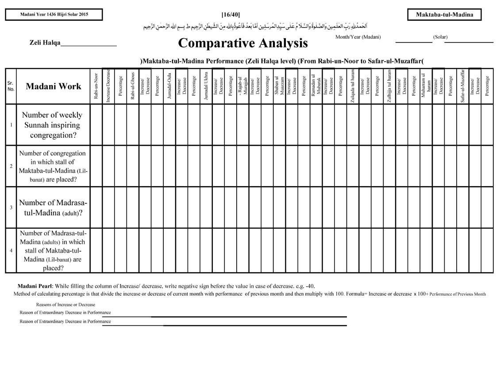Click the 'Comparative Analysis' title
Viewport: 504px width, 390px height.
coord(242,43)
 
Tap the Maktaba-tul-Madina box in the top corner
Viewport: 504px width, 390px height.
coord(444,15)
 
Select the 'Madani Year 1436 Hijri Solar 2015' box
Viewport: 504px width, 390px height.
coord(54,15)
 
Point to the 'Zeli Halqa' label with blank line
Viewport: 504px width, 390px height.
coord(73,43)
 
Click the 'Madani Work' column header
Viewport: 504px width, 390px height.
coord(54,86)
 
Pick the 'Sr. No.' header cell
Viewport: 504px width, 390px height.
coord(11,86)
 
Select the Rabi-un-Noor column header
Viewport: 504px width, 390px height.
coord(96,86)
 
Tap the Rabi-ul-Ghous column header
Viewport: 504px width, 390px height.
coord(133,86)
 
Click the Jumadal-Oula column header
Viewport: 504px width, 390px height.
coord(169,86)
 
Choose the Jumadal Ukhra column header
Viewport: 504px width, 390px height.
coord(206,86)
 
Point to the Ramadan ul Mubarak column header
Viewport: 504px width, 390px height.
coord(316,86)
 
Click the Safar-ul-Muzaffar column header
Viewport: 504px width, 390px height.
coord(462,86)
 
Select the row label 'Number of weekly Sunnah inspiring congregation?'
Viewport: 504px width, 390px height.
coord(53,125)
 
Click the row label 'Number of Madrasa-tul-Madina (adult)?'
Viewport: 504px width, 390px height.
coord(53,207)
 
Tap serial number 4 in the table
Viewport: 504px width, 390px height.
coord(11,250)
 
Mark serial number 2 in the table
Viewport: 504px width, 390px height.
coord(11,166)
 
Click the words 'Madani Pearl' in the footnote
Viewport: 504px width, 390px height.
coord(34,286)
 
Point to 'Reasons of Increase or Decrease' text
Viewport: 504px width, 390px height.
coord(65,304)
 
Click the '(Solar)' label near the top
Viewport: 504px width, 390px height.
coord(440,37)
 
